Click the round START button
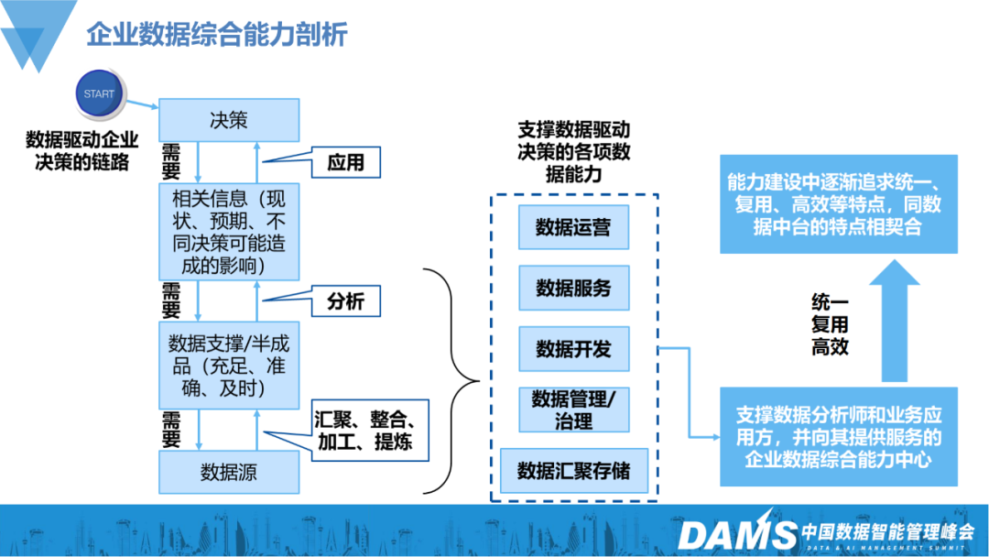(x=99, y=93)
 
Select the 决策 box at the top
(x=229, y=120)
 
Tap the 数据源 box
(x=229, y=473)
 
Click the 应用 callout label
(x=345, y=163)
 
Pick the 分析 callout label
(x=345, y=301)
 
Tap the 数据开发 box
(x=573, y=349)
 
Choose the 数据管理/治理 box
(x=573, y=410)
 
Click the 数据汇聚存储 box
(x=573, y=471)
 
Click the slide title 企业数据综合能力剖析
(x=217, y=36)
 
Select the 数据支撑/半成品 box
(x=229, y=365)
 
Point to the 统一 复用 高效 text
(x=830, y=324)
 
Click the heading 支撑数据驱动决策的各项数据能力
(x=574, y=152)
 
